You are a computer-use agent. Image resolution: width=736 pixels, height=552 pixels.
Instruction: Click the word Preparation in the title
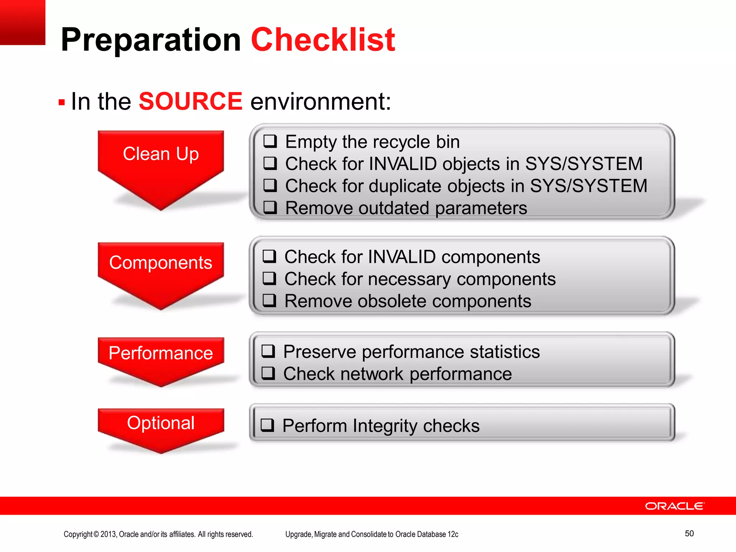coord(151,40)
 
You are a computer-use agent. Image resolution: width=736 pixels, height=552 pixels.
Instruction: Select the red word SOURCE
coord(190,101)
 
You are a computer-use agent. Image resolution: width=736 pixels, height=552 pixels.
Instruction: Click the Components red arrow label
coord(161,262)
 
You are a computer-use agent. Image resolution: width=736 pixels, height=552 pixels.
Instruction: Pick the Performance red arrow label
coord(161,353)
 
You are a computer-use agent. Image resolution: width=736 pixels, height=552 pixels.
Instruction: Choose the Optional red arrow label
coord(161,423)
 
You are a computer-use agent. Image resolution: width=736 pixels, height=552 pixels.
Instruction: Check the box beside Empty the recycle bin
coord(270,141)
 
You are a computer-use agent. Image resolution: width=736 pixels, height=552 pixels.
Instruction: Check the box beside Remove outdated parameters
coord(270,207)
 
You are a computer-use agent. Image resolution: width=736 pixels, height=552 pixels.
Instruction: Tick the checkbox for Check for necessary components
coord(269,278)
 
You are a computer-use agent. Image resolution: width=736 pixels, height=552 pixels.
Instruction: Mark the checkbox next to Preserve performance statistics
coord(268,351)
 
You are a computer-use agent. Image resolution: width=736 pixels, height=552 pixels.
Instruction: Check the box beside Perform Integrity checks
coord(267,425)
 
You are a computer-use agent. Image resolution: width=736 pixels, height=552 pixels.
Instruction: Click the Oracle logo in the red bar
coord(675,506)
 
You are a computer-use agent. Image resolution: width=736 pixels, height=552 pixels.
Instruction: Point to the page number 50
coord(689,533)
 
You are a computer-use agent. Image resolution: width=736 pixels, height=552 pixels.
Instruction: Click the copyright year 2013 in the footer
coord(108,534)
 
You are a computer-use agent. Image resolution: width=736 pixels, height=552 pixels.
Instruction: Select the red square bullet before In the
coord(61,103)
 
